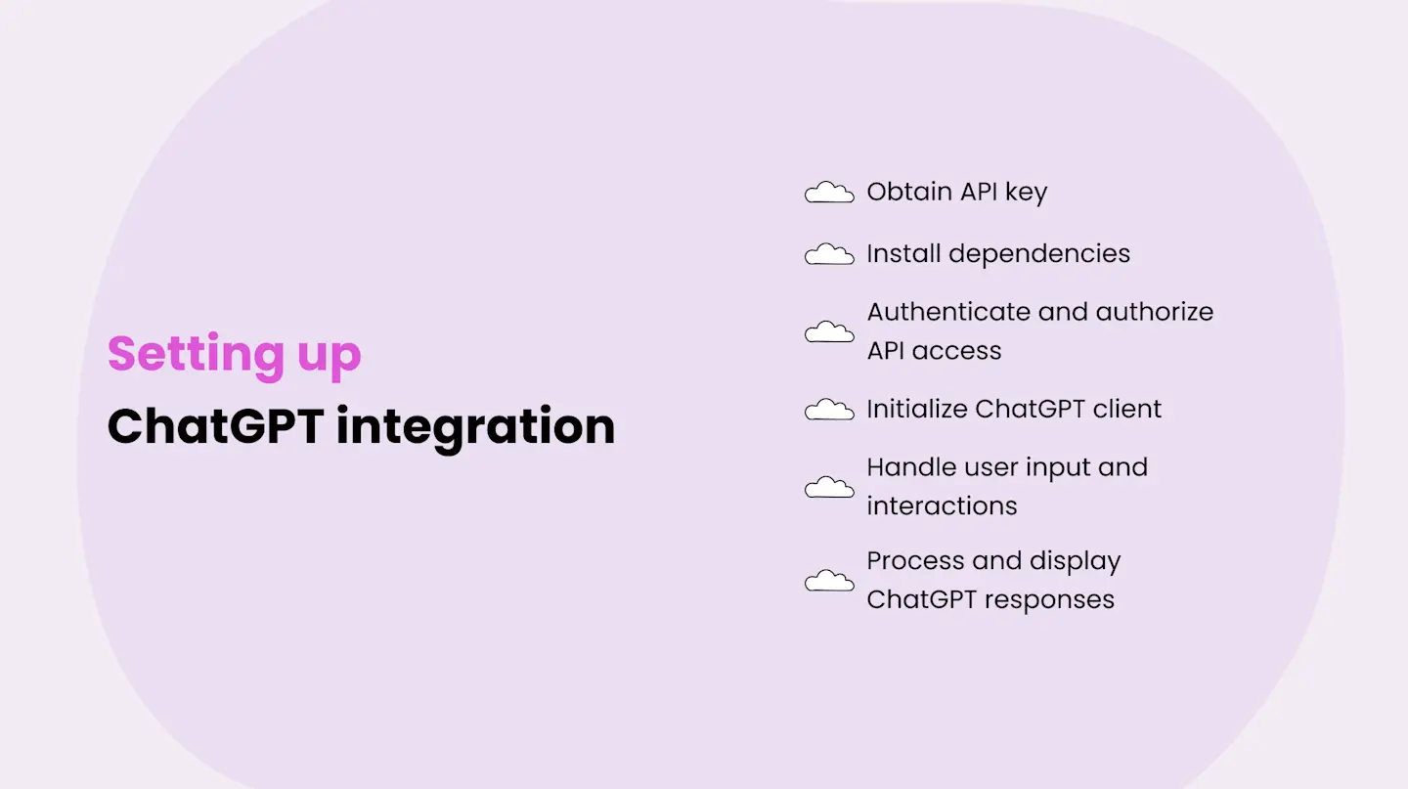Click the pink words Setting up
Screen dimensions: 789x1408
click(234, 354)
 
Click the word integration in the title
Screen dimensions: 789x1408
click(475, 426)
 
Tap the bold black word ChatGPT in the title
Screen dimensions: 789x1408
click(214, 426)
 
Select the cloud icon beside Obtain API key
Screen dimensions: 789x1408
click(829, 193)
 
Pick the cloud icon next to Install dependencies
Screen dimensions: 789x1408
click(829, 254)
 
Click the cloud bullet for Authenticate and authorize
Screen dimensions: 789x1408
click(829, 332)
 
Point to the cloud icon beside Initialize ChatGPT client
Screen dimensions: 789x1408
click(829, 410)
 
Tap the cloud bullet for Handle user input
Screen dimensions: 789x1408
click(829, 487)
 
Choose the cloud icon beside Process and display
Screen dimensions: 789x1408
click(829, 581)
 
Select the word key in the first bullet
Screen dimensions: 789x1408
click(1026, 193)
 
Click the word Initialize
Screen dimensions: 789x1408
click(916, 409)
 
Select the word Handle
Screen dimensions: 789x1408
click(911, 467)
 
